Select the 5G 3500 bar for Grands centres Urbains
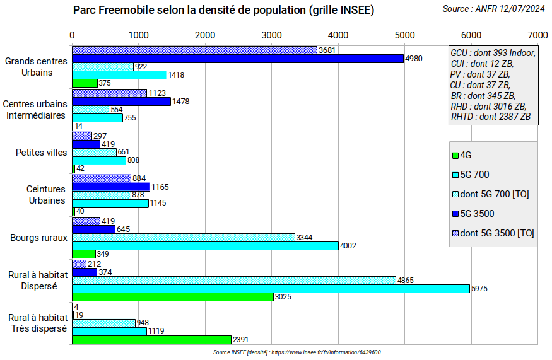(x=237, y=59)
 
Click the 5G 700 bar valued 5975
(x=271, y=289)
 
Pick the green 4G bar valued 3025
(x=172, y=297)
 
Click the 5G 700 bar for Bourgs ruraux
(x=205, y=246)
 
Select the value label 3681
(x=327, y=50)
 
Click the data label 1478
(x=180, y=101)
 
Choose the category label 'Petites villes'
(x=41, y=152)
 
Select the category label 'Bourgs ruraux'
(x=38, y=238)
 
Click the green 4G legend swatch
(x=455, y=155)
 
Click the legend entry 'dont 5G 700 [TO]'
(x=495, y=194)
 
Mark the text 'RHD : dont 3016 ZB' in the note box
(x=489, y=106)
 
